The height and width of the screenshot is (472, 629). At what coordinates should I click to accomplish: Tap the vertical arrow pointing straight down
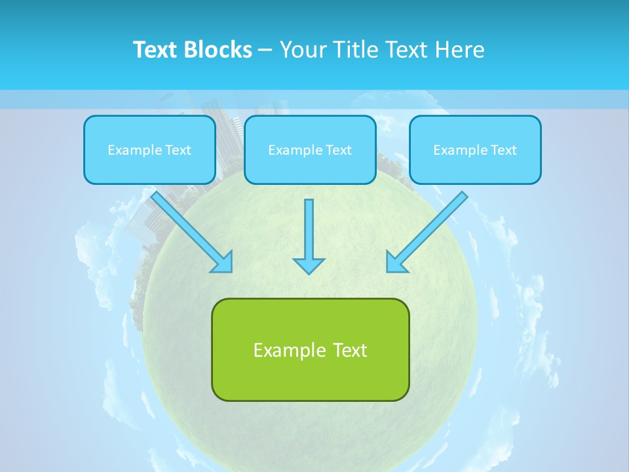pyautogui.click(x=309, y=229)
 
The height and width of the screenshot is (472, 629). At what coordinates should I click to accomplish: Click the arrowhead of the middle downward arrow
pyautogui.click(x=309, y=265)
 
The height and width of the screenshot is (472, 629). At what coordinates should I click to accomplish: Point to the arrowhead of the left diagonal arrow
pyautogui.click(x=224, y=263)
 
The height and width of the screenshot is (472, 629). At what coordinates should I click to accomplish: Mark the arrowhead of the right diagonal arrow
pyautogui.click(x=395, y=263)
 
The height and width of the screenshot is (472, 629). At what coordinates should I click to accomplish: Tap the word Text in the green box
pyautogui.click(x=350, y=350)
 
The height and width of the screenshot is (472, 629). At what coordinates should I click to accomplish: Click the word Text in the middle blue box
pyautogui.click(x=338, y=150)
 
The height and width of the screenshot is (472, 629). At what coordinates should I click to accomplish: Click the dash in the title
pyautogui.click(x=265, y=50)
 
